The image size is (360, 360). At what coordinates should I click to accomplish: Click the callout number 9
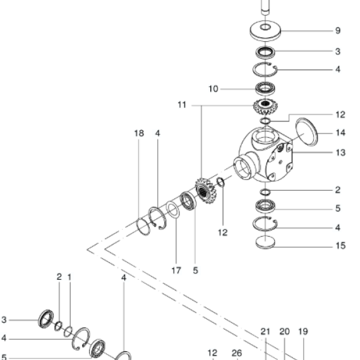pyautogui.click(x=337, y=30)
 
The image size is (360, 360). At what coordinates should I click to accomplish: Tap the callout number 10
pyautogui.click(x=213, y=89)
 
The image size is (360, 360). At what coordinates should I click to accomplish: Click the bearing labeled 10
pyautogui.click(x=265, y=88)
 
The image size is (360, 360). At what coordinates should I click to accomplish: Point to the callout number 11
pyautogui.click(x=182, y=105)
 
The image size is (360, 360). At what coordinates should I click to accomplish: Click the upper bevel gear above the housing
pyautogui.click(x=265, y=106)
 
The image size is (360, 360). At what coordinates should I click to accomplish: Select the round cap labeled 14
pyautogui.click(x=307, y=132)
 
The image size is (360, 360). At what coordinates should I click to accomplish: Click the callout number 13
pyautogui.click(x=340, y=153)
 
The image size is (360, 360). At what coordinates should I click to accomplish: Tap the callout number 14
pyautogui.click(x=340, y=133)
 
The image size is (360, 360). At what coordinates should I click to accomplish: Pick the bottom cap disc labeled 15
pyautogui.click(x=265, y=242)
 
